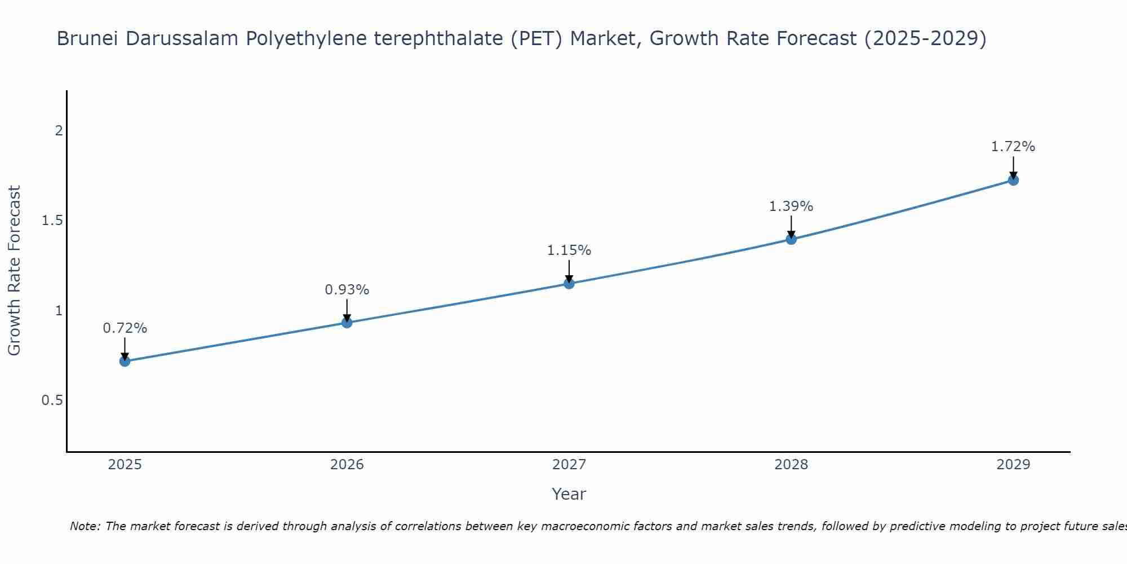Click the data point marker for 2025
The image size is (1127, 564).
point(125,361)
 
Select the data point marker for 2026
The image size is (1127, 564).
point(347,323)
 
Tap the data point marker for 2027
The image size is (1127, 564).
point(569,283)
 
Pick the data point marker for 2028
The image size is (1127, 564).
point(791,239)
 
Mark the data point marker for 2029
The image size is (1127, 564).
point(1013,180)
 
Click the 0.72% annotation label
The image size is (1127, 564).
point(125,328)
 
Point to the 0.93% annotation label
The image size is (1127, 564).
point(347,290)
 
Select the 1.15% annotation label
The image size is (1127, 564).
point(569,250)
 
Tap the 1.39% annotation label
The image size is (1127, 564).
point(791,206)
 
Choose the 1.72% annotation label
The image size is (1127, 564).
point(1013,147)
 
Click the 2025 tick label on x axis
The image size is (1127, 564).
point(125,465)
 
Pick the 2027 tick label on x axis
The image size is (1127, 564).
point(569,465)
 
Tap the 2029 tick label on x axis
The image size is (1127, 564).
point(1013,465)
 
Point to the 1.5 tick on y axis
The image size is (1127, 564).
point(52,221)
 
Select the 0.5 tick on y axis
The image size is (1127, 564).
point(52,400)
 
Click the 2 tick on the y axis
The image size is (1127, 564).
point(59,131)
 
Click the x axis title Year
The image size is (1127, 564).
point(569,494)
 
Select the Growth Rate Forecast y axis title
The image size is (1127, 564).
point(14,271)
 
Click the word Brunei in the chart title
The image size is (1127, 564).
point(87,39)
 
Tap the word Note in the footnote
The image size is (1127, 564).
point(84,526)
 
